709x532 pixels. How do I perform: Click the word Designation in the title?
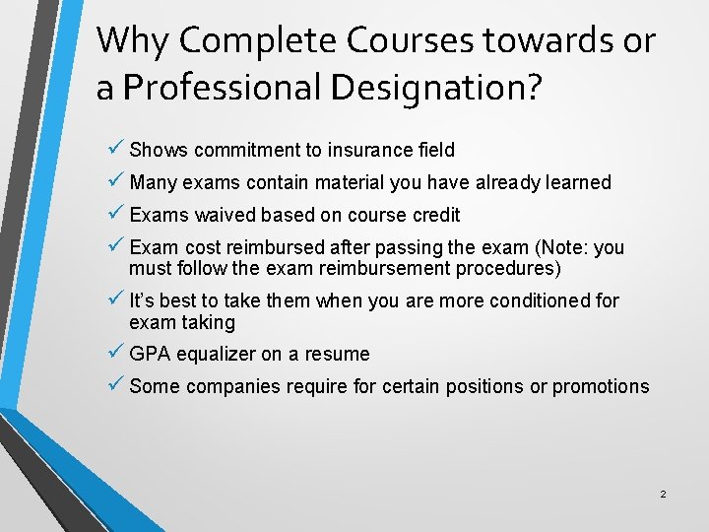coord(436,87)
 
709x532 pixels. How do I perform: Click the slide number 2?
coord(663,494)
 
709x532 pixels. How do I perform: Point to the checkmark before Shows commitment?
coord(115,149)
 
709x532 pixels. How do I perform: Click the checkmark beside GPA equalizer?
coord(115,353)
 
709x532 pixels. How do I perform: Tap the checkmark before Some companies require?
coord(115,385)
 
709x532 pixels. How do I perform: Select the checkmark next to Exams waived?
coord(115,214)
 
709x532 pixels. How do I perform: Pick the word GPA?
coord(150,354)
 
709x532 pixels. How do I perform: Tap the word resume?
coord(337,354)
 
